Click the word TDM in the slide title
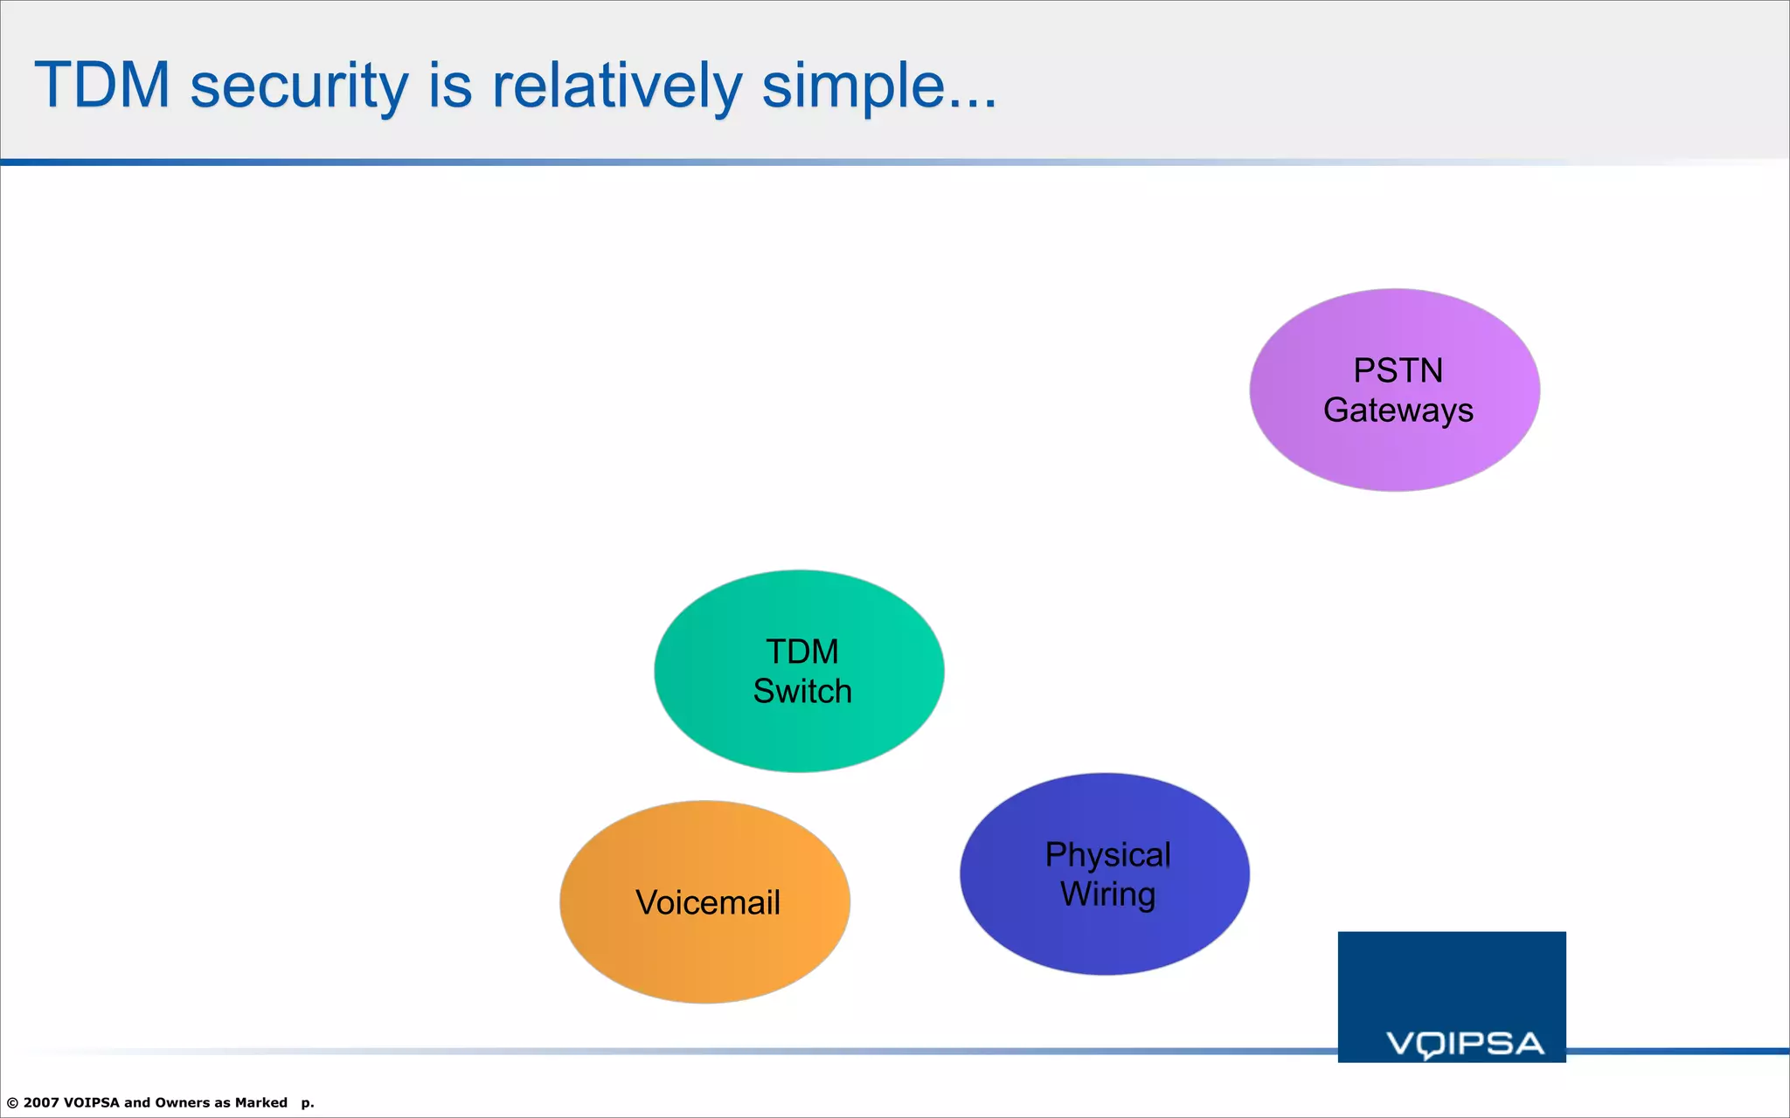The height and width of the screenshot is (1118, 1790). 102,85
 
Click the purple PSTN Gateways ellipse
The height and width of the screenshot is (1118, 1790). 1394,454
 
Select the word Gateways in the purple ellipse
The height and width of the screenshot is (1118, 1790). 1398,411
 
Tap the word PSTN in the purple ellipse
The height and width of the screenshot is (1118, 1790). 1398,370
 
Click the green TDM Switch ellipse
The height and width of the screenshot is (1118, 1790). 799,734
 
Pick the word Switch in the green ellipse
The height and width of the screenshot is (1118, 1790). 801,692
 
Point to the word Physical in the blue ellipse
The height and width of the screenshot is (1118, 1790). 1107,854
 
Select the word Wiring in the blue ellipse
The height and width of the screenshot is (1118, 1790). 1107,894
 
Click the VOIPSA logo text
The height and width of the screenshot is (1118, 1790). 1465,1044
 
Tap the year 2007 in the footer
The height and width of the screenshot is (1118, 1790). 41,1102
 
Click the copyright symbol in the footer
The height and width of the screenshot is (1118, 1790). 12,1103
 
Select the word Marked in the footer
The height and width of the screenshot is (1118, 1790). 260,1102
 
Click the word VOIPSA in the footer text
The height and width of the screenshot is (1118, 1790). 91,1102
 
